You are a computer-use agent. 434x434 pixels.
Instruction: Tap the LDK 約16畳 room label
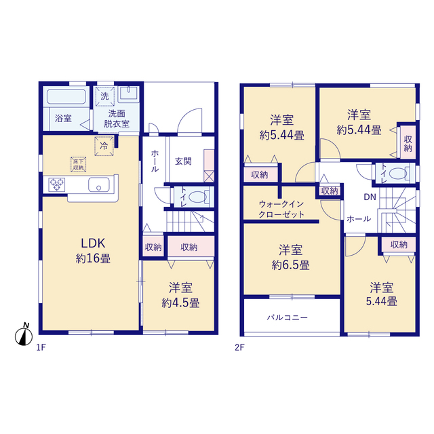click(x=93, y=251)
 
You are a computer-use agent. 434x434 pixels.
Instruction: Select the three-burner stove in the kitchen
click(x=57, y=184)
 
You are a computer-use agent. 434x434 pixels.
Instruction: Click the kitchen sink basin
click(x=99, y=184)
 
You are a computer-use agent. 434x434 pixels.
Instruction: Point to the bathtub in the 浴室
click(x=66, y=96)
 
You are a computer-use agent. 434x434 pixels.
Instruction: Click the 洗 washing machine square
click(x=104, y=96)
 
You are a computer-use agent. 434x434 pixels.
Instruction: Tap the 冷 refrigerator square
click(x=104, y=146)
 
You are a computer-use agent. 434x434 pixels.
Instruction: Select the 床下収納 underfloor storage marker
click(x=79, y=165)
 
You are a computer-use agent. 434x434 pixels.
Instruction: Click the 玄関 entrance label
click(x=183, y=161)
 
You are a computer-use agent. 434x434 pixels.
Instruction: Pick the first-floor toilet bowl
click(x=197, y=197)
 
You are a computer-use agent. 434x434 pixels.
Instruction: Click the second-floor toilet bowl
click(x=398, y=174)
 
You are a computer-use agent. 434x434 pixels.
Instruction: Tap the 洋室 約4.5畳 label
click(x=180, y=295)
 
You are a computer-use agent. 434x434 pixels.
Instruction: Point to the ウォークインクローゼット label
click(x=281, y=210)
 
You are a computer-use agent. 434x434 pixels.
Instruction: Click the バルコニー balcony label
click(x=287, y=317)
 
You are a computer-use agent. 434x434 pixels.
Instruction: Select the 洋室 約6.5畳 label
click(x=291, y=258)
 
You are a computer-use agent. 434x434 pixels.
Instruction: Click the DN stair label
click(x=370, y=197)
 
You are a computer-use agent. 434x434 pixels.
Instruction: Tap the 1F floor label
click(x=41, y=347)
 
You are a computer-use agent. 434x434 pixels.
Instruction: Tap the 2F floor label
click(x=239, y=347)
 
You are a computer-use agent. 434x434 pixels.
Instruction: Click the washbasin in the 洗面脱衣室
click(x=128, y=93)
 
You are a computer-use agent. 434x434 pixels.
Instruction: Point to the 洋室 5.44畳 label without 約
click(x=382, y=294)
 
